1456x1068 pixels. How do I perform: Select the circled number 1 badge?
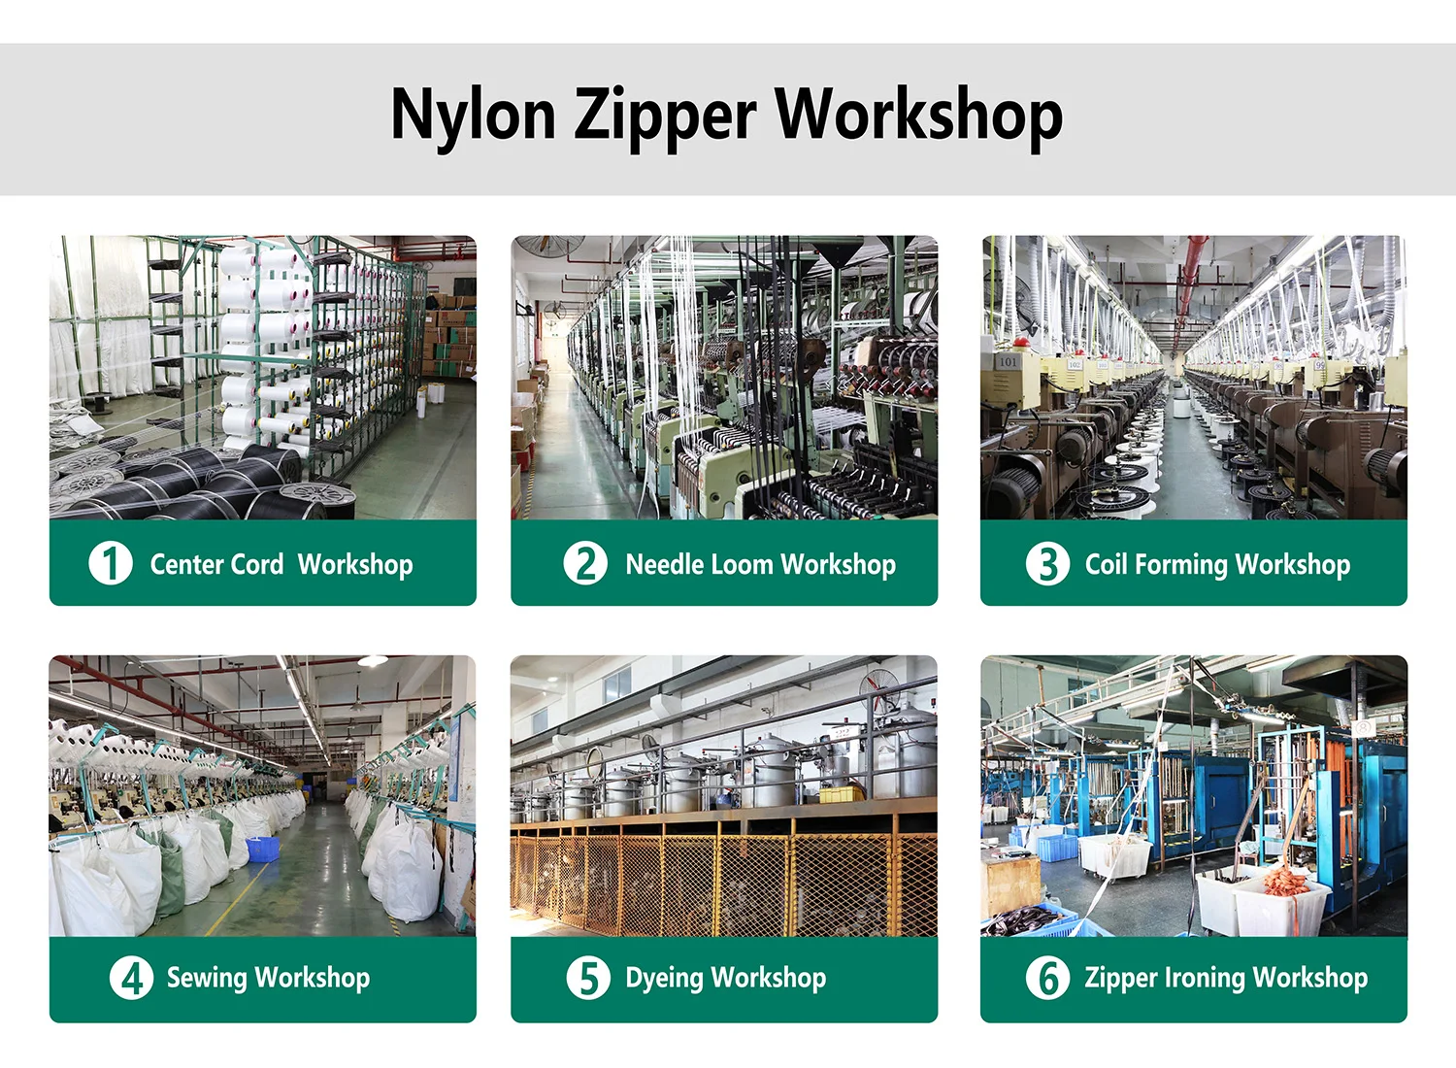[x=111, y=563]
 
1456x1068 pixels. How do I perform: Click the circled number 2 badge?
[x=585, y=563]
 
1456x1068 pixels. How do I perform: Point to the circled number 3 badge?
[x=1047, y=563]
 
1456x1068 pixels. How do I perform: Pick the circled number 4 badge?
[x=131, y=978]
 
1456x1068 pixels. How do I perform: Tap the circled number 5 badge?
[x=588, y=978]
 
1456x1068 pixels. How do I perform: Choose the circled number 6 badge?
[x=1047, y=978]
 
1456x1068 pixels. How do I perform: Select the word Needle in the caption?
[x=665, y=564]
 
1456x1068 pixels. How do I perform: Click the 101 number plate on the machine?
[x=1008, y=361]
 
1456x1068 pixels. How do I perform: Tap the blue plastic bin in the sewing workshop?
[x=263, y=849]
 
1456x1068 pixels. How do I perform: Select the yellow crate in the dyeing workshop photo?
[x=842, y=793]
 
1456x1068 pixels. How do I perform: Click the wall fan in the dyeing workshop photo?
[x=878, y=691]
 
